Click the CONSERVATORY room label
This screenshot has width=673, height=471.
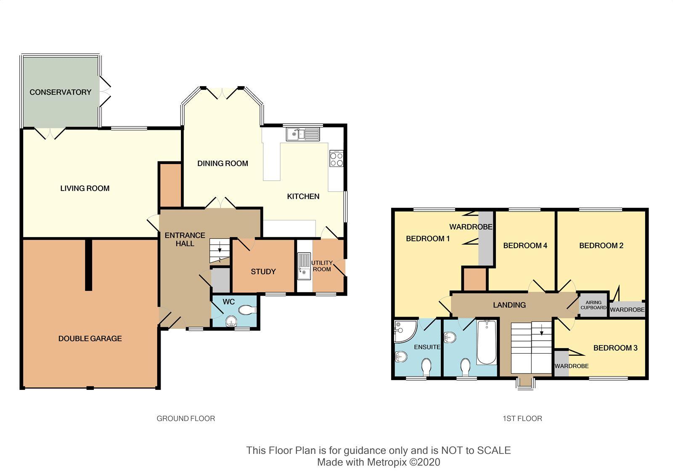[x=61, y=92]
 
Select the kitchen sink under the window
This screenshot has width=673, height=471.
[x=303, y=134]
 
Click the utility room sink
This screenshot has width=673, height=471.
[x=304, y=267]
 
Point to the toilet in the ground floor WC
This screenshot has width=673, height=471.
[x=247, y=310]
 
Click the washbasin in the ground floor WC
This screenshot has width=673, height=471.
[x=231, y=321]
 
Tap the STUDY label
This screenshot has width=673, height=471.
[x=263, y=272]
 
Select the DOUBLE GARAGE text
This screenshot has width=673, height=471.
[x=90, y=339]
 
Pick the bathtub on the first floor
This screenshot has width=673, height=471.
[x=486, y=343]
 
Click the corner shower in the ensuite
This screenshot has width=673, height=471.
[x=405, y=332]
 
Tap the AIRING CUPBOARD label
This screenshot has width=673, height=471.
[x=594, y=305]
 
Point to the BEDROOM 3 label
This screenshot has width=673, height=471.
[x=615, y=348]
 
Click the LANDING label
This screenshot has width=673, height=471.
[x=509, y=305]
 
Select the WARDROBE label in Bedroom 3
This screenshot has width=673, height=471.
[x=572, y=366]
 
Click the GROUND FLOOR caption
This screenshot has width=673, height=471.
[x=185, y=418]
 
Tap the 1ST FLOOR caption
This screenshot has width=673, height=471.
[x=522, y=418]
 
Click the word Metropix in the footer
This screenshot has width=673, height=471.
[x=387, y=462]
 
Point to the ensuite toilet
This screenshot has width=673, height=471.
[x=427, y=367]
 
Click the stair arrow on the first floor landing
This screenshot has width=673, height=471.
[x=542, y=329]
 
